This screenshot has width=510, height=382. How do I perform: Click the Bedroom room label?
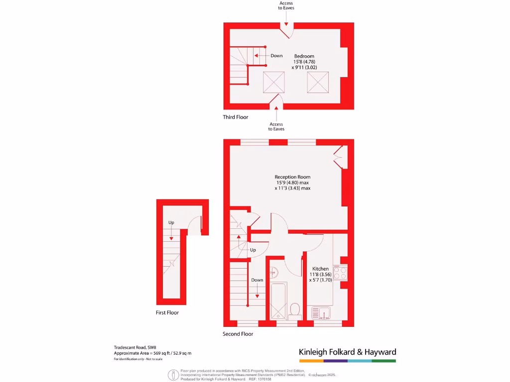pyautogui.click(x=304, y=56)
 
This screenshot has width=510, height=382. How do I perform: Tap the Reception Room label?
pyautogui.click(x=292, y=177)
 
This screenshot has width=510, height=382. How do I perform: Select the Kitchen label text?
pyautogui.click(x=320, y=269)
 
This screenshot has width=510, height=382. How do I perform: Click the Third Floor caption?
pyautogui.click(x=235, y=117)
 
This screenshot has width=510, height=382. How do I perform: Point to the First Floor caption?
pyautogui.click(x=167, y=313)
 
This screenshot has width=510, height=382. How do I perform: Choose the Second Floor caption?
pyautogui.click(x=238, y=334)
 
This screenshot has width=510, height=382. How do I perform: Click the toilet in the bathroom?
pyautogui.click(x=294, y=309)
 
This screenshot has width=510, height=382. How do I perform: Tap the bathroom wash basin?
pyautogui.click(x=273, y=272)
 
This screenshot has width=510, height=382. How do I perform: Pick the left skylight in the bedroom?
pyautogui.click(x=273, y=82)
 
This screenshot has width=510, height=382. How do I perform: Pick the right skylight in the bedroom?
pyautogui.click(x=318, y=82)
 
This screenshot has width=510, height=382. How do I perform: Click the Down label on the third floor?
pyautogui.click(x=276, y=56)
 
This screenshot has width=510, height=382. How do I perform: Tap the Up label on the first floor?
pyautogui.click(x=171, y=222)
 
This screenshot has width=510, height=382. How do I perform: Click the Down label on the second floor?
pyautogui.click(x=257, y=280)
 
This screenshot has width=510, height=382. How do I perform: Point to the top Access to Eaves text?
pyautogui.click(x=286, y=5)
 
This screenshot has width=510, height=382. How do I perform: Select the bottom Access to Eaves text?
pyautogui.click(x=276, y=126)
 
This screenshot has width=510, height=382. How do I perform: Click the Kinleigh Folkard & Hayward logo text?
pyautogui.click(x=347, y=352)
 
